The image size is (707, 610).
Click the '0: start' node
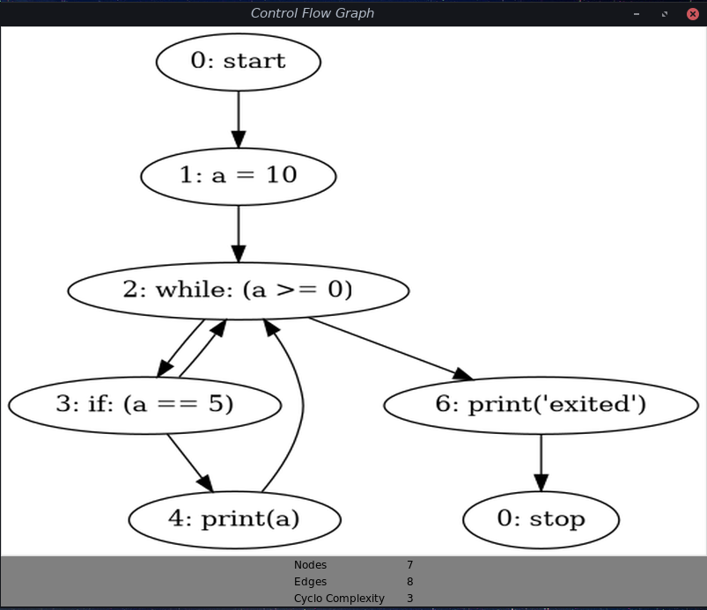tap(238, 62)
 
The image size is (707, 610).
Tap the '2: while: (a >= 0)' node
tap(238, 290)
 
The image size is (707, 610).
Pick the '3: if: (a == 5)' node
tap(144, 405)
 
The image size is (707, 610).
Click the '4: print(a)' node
tap(234, 519)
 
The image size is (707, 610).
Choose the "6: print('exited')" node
tap(541, 405)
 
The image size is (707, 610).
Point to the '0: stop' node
tap(541, 519)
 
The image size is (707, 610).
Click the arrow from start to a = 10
tap(238, 118)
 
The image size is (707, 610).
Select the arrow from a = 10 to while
tap(238, 232)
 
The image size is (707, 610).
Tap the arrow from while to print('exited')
tap(387, 348)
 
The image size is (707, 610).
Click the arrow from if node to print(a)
tap(188, 461)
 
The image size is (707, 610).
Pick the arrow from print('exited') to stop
tap(541, 462)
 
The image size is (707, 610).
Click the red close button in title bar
tap(692, 13)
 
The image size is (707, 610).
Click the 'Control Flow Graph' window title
tap(313, 13)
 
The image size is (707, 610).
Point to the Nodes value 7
tap(409, 565)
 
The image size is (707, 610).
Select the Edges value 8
tap(409, 582)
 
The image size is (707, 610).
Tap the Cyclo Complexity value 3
tap(409, 599)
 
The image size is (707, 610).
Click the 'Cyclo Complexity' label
tap(339, 599)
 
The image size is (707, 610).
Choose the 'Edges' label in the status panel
tap(310, 582)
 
